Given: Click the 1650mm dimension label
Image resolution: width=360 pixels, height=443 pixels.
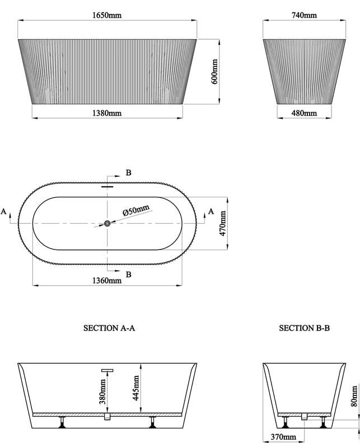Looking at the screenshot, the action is pyautogui.click(x=107, y=15).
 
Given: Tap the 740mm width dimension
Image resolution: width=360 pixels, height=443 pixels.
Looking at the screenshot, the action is pyautogui.click(x=304, y=15).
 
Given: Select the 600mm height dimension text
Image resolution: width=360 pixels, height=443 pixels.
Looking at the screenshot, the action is pyautogui.click(x=214, y=72).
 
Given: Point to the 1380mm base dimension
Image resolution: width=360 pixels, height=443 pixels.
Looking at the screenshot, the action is pyautogui.click(x=107, y=113).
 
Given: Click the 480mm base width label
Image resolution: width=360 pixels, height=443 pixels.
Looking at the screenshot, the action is pyautogui.click(x=304, y=113).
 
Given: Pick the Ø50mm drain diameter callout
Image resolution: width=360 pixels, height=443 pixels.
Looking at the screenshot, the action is pyautogui.click(x=135, y=210).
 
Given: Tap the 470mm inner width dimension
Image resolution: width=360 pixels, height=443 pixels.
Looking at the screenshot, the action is pyautogui.click(x=223, y=224).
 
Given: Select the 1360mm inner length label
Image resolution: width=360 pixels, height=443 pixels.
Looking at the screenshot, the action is pyautogui.click(x=107, y=281).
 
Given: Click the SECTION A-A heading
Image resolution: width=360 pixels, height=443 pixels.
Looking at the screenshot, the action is pyautogui.click(x=109, y=328).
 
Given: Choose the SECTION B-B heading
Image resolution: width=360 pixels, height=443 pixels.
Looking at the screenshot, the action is pyautogui.click(x=304, y=328).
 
